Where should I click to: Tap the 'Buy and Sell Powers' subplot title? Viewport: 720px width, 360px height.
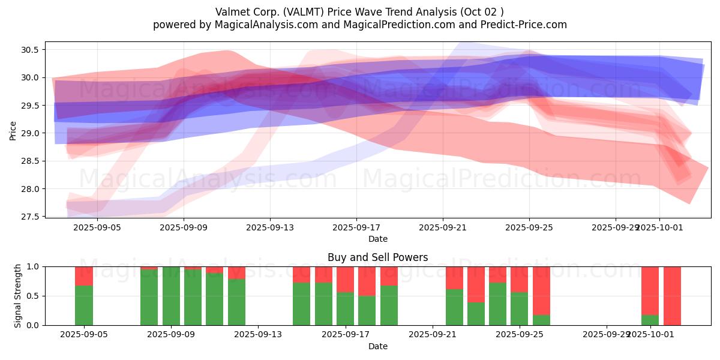(377, 257)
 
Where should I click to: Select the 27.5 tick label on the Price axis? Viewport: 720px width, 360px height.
(29, 217)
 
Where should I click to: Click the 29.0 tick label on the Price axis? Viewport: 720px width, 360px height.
(29, 133)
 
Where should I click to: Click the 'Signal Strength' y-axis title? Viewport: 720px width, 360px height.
(18, 296)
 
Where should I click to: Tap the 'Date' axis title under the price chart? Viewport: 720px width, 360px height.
(377, 239)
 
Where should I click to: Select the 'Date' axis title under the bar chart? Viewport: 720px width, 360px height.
(377, 346)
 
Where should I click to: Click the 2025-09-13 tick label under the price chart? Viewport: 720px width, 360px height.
(270, 227)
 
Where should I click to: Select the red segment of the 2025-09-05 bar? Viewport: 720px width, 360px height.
(84, 276)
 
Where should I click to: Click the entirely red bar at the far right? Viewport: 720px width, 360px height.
(672, 296)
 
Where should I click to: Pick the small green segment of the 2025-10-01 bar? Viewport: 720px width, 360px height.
(650, 320)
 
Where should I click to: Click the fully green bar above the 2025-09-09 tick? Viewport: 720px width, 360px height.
(171, 296)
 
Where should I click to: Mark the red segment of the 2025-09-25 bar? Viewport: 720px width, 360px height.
(520, 279)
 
